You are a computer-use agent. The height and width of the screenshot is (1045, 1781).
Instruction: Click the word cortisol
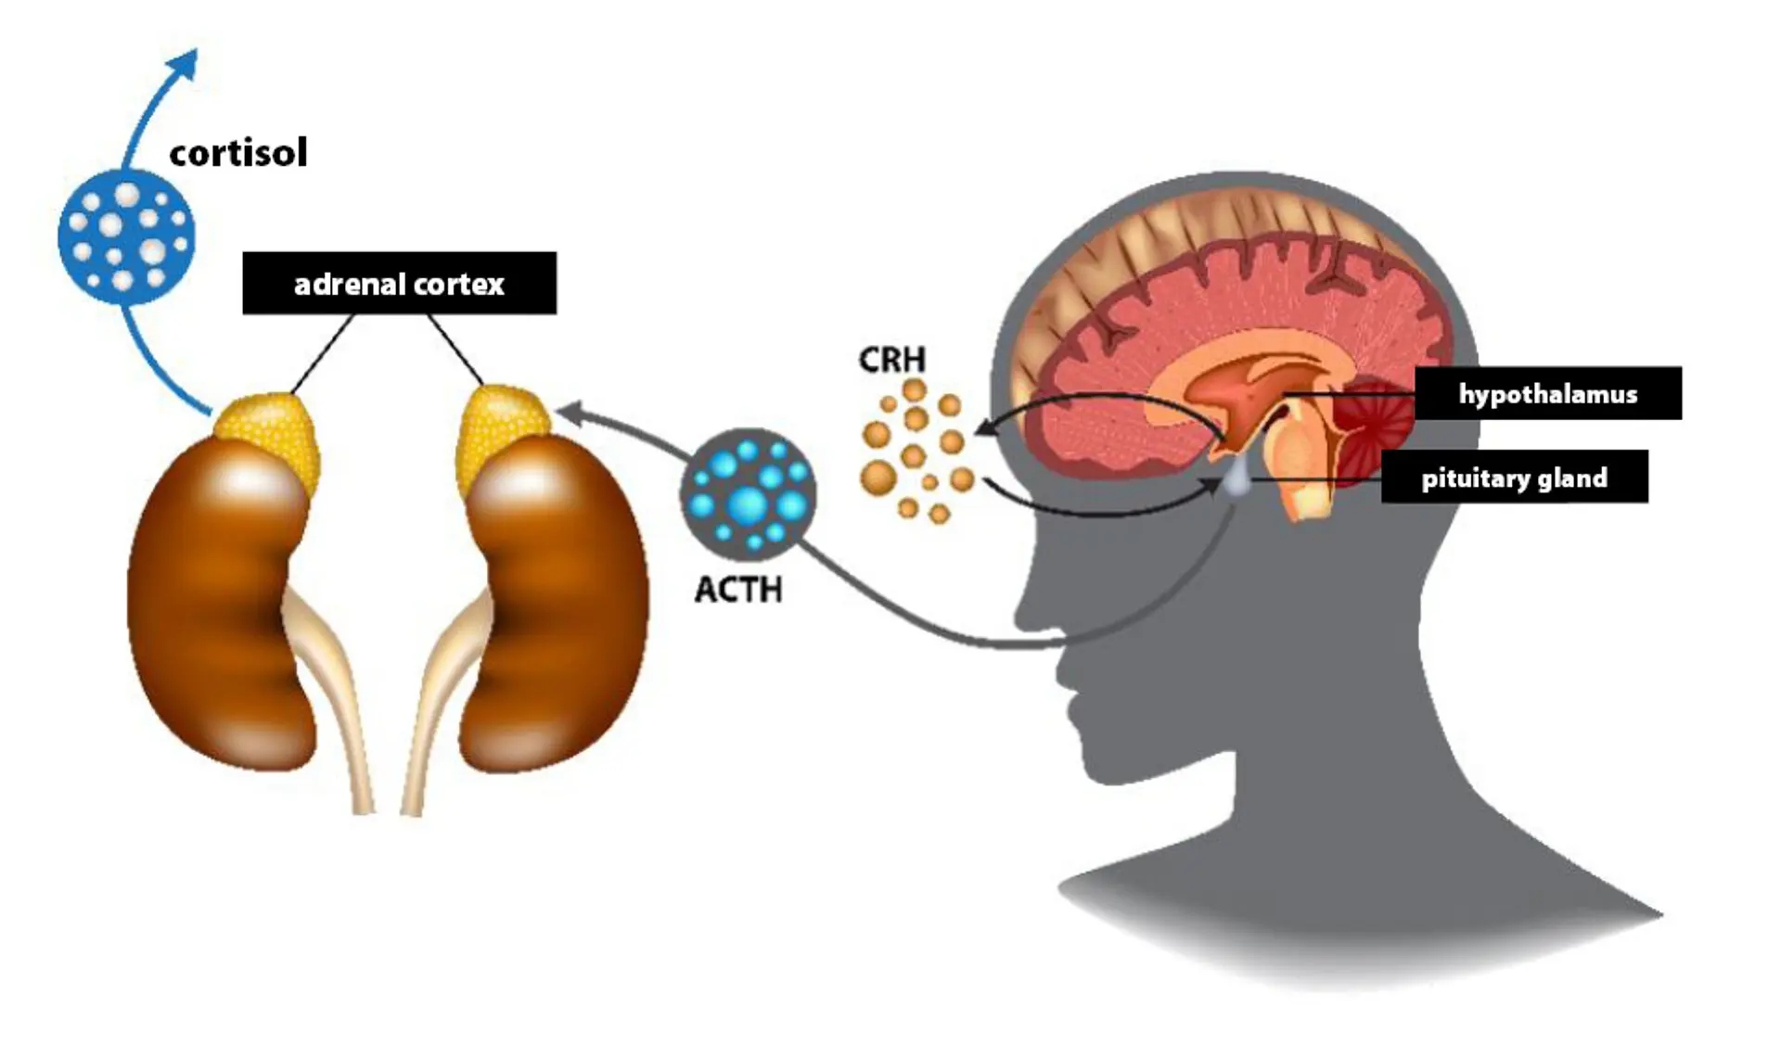237,153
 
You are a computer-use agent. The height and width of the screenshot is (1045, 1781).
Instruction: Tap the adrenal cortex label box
399,283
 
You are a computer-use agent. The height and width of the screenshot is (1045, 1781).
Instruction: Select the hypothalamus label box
1547,393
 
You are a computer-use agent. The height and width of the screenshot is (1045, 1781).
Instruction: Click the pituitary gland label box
1514,478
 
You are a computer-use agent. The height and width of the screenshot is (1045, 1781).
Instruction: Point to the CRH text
891,360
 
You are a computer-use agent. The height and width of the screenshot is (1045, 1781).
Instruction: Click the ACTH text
738,590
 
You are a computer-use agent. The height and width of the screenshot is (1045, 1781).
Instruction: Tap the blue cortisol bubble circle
126,236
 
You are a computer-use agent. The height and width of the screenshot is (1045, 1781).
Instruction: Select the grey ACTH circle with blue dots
748,494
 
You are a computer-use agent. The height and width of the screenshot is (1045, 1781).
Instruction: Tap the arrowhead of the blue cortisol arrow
188,62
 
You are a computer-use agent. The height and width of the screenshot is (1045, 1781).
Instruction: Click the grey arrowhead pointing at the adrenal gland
568,414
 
